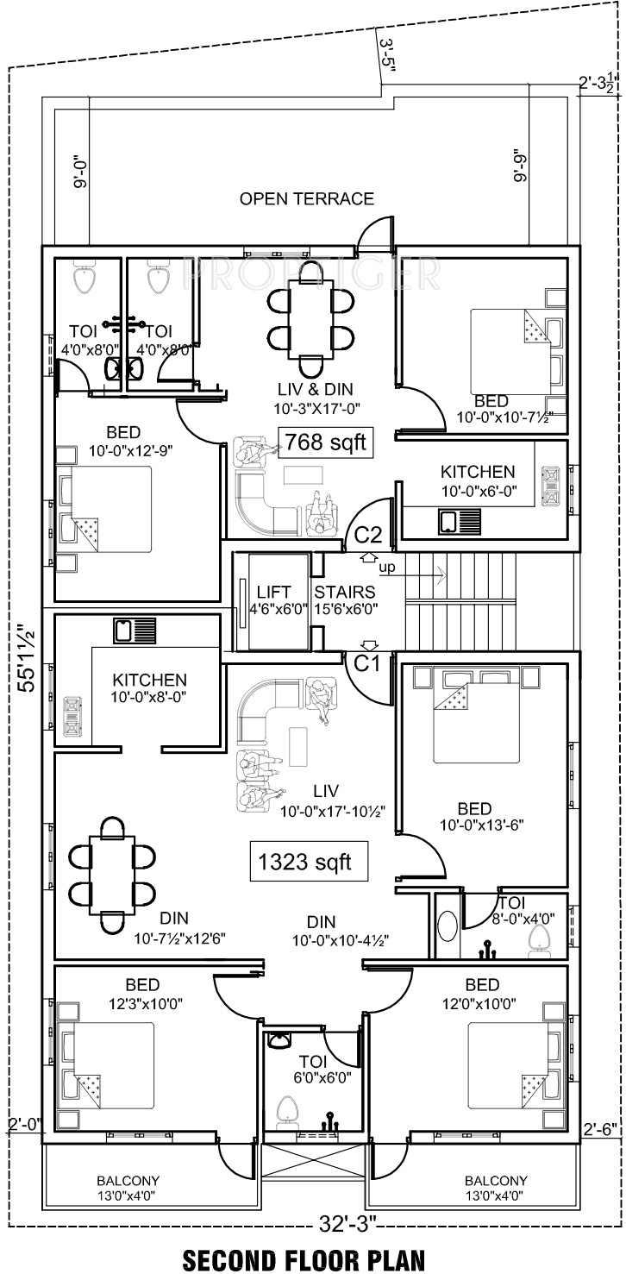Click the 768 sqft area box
click(326, 442)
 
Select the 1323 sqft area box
click(309, 862)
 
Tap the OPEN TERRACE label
click(306, 199)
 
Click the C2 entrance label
click(368, 535)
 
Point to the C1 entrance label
click(366, 663)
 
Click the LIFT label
click(273, 592)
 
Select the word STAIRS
click(345, 592)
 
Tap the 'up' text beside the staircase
click(386, 568)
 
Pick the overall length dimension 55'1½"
click(28, 657)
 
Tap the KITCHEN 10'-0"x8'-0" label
click(149, 688)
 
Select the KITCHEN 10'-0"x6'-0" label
click(479, 480)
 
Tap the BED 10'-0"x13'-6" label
click(474, 816)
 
